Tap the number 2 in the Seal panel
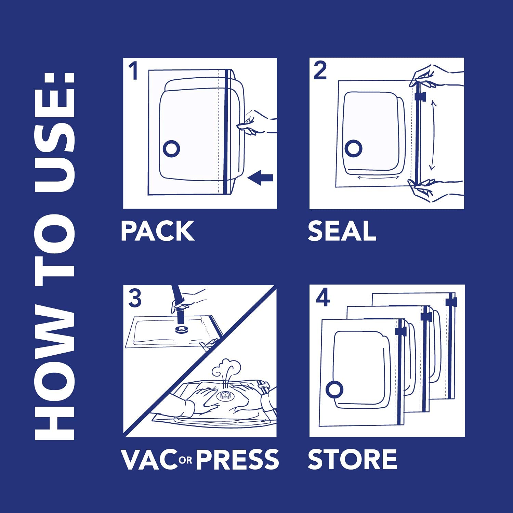(x=320, y=71)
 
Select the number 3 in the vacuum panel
(x=135, y=298)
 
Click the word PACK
(x=158, y=231)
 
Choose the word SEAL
(x=342, y=231)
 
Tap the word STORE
(x=352, y=459)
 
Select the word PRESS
(x=237, y=460)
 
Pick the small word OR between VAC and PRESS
(x=185, y=460)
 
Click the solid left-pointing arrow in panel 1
(x=260, y=178)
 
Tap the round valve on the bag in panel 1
(x=171, y=148)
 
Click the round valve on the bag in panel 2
(x=353, y=148)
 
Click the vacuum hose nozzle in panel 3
(x=180, y=315)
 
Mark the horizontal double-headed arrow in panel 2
(x=378, y=177)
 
